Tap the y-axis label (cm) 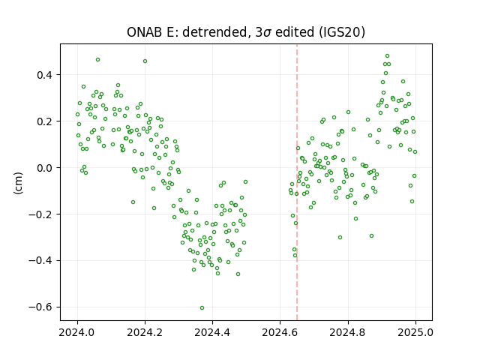(x=18, y=183)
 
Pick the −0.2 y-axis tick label (x=42, y=214)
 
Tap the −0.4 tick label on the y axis (x=42, y=260)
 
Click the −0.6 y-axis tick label (x=42, y=307)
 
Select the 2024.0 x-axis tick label (x=77, y=332)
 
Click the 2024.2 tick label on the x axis (x=145, y=332)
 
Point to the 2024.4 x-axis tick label (x=212, y=332)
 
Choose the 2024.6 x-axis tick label (x=280, y=332)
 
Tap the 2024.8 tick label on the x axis (x=348, y=332)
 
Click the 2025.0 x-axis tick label (x=415, y=332)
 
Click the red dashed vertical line (x=297, y=182)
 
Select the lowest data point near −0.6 (x=202, y=308)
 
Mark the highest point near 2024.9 (x=387, y=56)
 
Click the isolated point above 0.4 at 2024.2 (x=145, y=61)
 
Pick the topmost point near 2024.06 (x=97, y=60)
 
